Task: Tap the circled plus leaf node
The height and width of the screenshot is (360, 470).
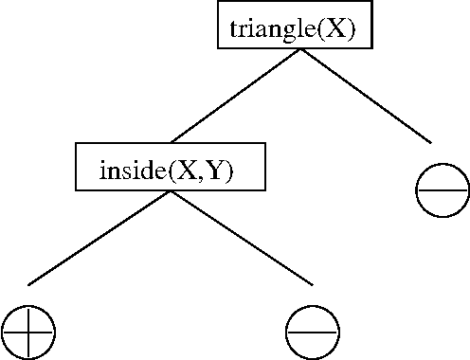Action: point(28,333)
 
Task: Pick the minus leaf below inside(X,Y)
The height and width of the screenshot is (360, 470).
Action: point(313,333)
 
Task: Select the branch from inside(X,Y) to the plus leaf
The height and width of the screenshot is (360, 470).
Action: point(99,238)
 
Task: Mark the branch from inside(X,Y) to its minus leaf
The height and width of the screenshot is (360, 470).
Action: point(241,237)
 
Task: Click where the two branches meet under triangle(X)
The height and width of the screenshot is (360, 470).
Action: point(300,49)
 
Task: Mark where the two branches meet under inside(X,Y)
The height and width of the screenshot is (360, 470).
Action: point(170,191)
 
